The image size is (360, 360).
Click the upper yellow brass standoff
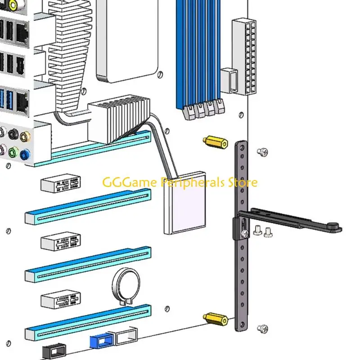point(216,142)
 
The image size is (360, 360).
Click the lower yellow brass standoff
point(216,319)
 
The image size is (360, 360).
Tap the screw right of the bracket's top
point(262,152)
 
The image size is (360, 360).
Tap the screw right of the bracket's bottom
point(263,329)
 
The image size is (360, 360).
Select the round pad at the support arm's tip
point(334,227)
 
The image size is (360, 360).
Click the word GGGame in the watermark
point(130,182)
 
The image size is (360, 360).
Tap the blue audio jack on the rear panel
point(25,154)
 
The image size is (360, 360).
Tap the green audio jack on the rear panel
point(13,152)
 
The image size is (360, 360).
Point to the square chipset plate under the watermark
point(185,203)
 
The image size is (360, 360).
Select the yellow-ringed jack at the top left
point(13,4)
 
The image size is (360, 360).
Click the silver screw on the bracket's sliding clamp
point(245,234)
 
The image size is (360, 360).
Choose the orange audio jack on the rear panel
point(25,137)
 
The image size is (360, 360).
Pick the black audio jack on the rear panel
point(13,134)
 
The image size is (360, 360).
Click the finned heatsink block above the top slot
point(119,119)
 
